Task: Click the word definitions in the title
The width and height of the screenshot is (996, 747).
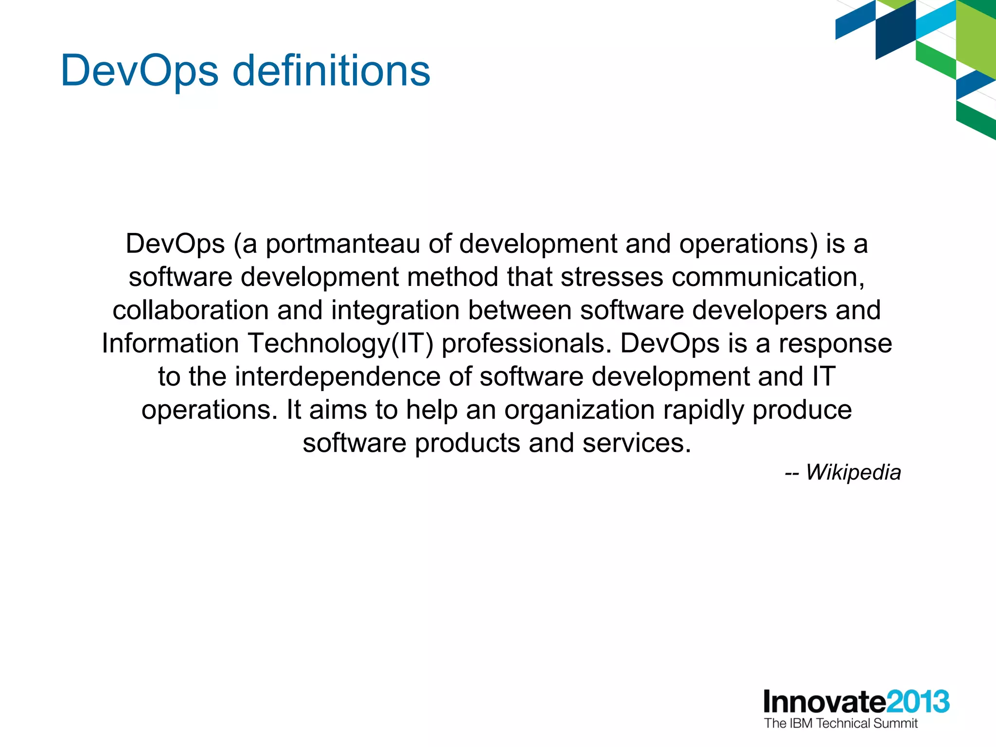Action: coord(331,71)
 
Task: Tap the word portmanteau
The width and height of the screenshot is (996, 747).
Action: coord(342,244)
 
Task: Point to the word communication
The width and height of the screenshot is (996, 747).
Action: coord(768,277)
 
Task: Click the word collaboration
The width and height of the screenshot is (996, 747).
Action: coord(191,310)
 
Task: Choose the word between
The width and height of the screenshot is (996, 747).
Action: coord(519,310)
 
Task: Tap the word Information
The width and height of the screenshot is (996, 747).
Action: coord(170,343)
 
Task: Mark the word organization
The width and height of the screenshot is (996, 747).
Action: coord(579,410)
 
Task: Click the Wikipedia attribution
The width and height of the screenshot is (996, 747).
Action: coord(843,472)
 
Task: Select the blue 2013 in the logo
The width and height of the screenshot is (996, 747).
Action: coord(917,702)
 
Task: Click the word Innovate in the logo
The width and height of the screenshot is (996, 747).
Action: coord(824,702)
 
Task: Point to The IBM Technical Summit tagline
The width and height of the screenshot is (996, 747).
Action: coord(840,723)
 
